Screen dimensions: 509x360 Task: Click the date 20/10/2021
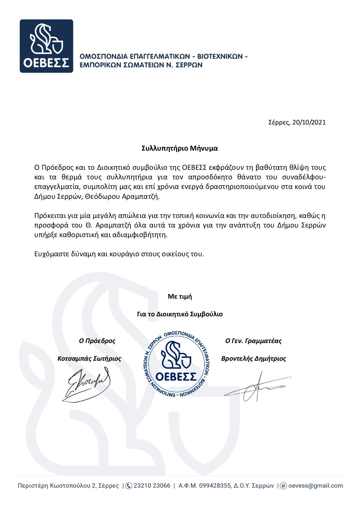[309, 122]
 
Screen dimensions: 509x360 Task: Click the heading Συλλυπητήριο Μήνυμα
[180, 149]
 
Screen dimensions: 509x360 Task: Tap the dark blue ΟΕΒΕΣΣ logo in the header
[46, 46]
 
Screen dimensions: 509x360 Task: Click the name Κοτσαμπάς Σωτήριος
[89, 359]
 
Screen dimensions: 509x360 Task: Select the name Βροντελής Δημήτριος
[253, 359]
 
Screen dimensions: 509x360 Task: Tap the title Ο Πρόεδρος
[97, 341]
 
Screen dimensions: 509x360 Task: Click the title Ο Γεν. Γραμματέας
[253, 341]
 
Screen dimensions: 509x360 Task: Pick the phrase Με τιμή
[180, 297]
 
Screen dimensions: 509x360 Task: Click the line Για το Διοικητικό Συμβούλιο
[180, 314]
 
